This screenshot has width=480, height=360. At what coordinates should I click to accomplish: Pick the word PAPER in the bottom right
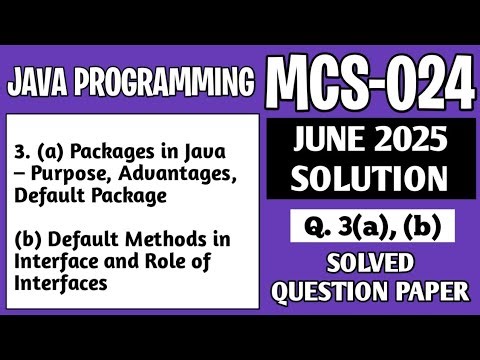431,292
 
